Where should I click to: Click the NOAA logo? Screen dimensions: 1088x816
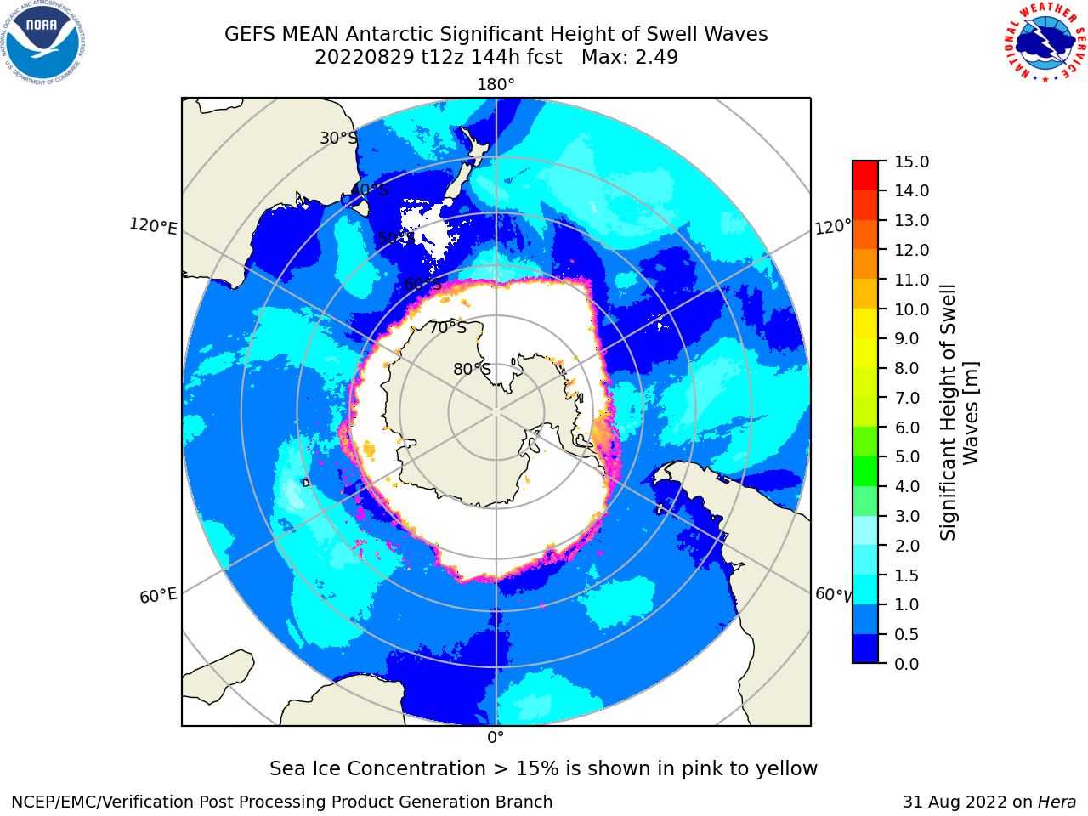pos(43,43)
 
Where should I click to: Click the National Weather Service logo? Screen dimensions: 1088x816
pos(1045,42)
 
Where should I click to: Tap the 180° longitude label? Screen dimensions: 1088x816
pos(496,85)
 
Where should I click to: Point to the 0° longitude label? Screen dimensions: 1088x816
pos(496,738)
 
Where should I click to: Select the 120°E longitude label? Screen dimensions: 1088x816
pos(153,226)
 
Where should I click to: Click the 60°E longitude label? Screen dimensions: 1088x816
pos(158,596)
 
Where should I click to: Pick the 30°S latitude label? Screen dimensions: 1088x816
pos(338,138)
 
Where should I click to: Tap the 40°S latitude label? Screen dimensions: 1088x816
pos(370,190)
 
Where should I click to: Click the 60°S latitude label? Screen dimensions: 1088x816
pos(422,284)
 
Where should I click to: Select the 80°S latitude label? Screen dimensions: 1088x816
pos(473,369)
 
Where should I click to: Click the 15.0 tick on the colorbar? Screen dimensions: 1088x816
pos(912,161)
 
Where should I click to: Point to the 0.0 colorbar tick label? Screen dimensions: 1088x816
pos(907,664)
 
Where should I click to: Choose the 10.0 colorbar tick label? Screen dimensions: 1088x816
pos(912,309)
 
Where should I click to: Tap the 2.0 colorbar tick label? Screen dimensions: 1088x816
pos(907,546)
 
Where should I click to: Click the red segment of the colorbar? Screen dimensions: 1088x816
pos(865,176)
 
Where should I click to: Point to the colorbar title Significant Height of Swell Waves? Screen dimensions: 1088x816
pos(959,412)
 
